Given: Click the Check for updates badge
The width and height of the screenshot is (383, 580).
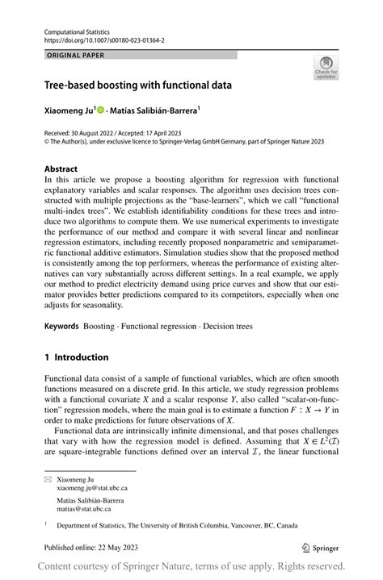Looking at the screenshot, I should [326, 67].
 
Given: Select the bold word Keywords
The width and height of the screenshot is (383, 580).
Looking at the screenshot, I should [62, 326].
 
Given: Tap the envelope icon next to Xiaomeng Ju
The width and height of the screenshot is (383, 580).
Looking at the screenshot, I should [48, 479].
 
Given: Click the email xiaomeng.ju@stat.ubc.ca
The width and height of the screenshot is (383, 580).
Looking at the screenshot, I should [91, 488].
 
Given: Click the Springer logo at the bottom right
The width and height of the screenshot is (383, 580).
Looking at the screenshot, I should [323, 546].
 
